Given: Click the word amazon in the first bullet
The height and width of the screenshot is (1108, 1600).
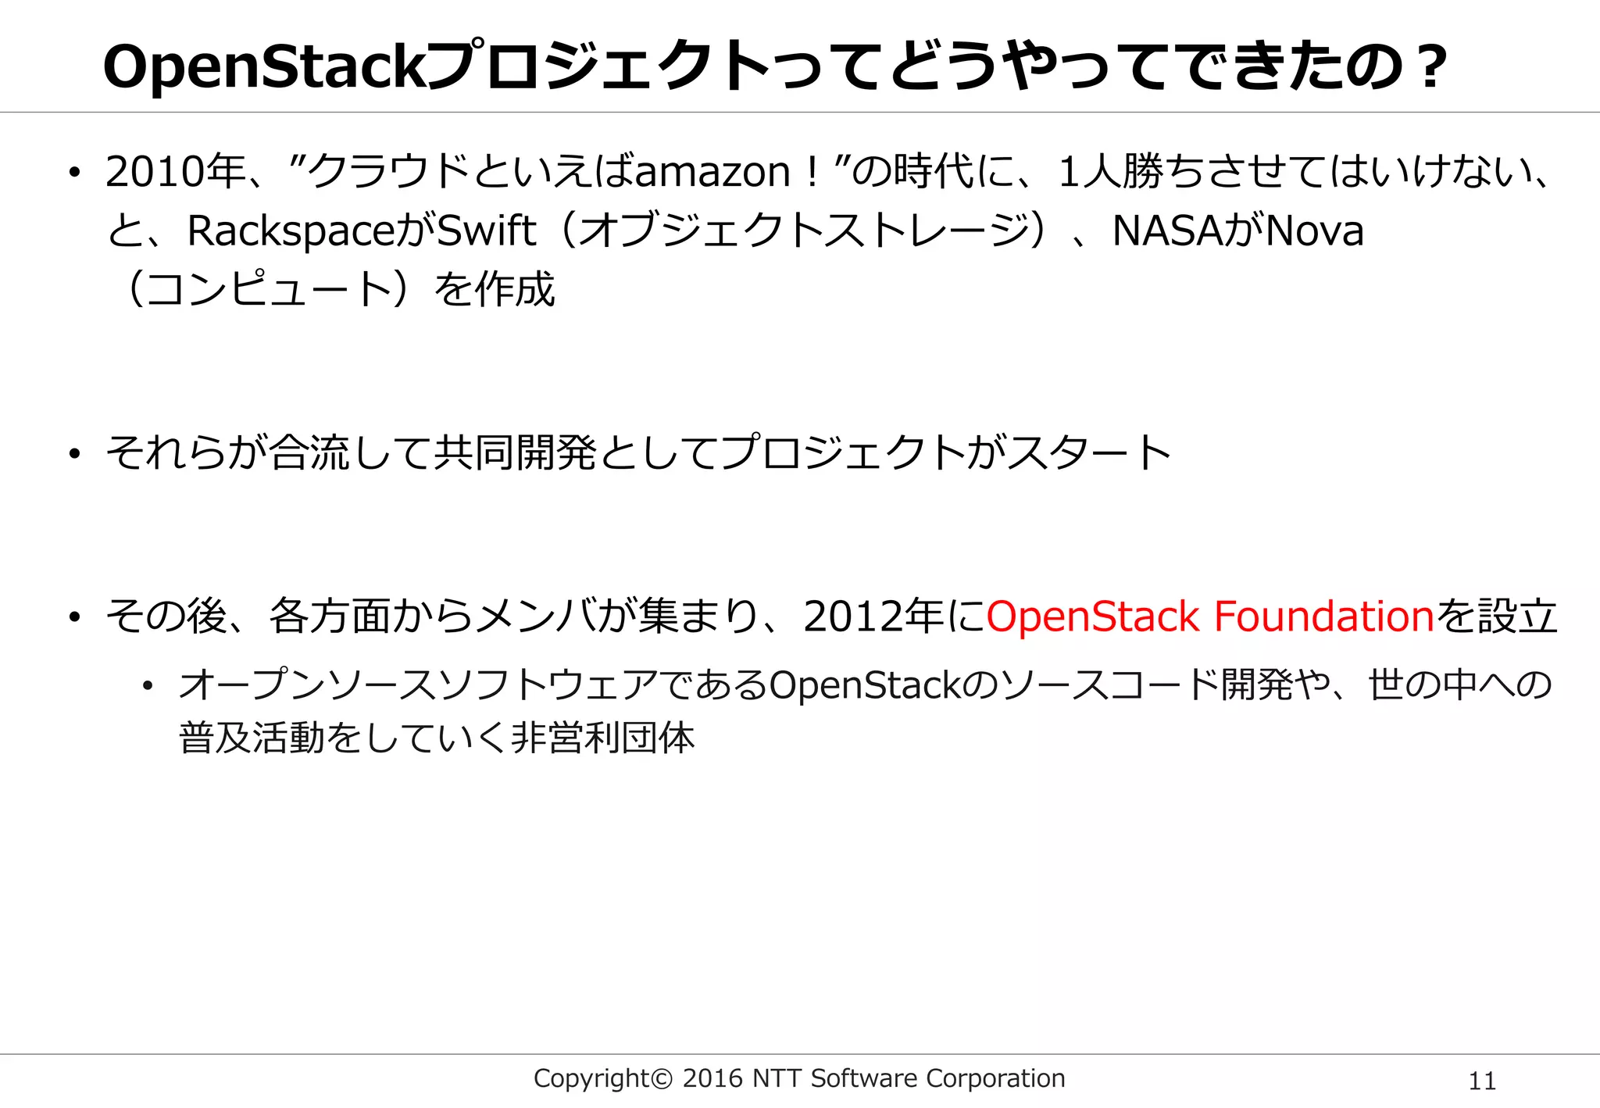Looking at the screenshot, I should click(x=712, y=173).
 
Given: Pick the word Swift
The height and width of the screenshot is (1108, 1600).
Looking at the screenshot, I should click(x=486, y=231).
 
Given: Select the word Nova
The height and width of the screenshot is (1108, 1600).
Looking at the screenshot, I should click(x=1314, y=231).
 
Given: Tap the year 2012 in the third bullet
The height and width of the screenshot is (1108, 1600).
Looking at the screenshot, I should click(x=852, y=617).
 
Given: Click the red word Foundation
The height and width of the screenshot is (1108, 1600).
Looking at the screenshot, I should click(x=1323, y=617).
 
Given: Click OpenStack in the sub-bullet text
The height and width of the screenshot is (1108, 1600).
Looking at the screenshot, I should click(x=866, y=686).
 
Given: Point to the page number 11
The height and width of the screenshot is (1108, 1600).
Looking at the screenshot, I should click(x=1482, y=1081).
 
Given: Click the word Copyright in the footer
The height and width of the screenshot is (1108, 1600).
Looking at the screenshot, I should click(x=591, y=1079).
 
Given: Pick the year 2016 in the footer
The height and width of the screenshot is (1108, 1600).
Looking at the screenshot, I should click(x=712, y=1078).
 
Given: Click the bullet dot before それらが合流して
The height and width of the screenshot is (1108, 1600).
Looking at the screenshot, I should click(x=74, y=454).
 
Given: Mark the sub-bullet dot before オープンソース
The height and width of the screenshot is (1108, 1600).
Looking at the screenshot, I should click(x=147, y=687).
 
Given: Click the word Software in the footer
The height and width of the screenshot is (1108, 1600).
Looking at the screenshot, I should click(x=864, y=1078).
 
